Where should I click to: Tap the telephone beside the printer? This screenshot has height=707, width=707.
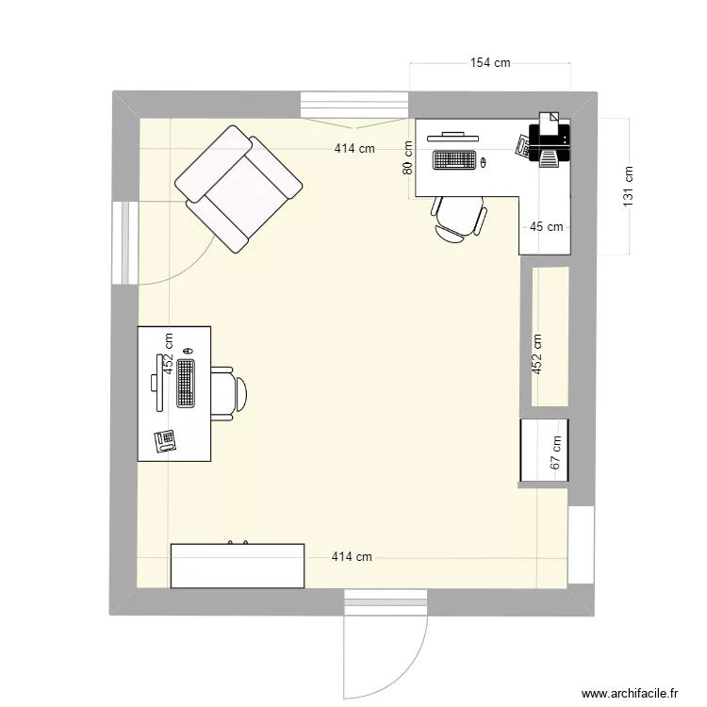pyautogui.click(x=523, y=144)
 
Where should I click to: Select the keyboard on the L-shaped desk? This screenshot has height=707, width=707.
pyautogui.click(x=454, y=160)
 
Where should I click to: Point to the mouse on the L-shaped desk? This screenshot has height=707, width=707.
pyautogui.click(x=483, y=163)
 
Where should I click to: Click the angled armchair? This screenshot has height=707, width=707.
pyautogui.click(x=239, y=189)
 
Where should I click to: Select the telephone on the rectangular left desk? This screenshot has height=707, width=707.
pyautogui.click(x=167, y=440)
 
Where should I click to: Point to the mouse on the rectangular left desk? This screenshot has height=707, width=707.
pyautogui.click(x=188, y=351)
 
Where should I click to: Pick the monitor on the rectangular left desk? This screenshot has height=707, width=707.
pyautogui.click(x=156, y=373)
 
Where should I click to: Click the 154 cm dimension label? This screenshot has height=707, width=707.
pyautogui.click(x=490, y=63)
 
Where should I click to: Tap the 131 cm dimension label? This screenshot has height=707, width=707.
pyautogui.click(x=629, y=186)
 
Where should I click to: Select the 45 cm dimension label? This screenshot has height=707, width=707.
pyautogui.click(x=546, y=226)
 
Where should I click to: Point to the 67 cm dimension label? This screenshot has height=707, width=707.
pyautogui.click(x=556, y=452)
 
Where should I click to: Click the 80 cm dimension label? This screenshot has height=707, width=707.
pyautogui.click(x=407, y=157)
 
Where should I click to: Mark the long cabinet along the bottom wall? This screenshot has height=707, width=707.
pyautogui.click(x=238, y=566)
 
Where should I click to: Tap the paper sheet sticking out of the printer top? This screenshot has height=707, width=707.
pyautogui.click(x=549, y=120)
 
